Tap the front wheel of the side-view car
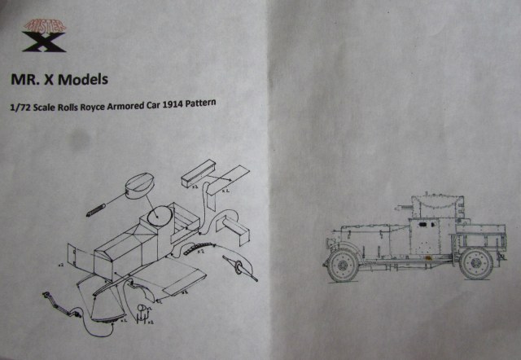point(341,264)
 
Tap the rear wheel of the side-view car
point(475,263)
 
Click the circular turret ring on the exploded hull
point(158,217)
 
